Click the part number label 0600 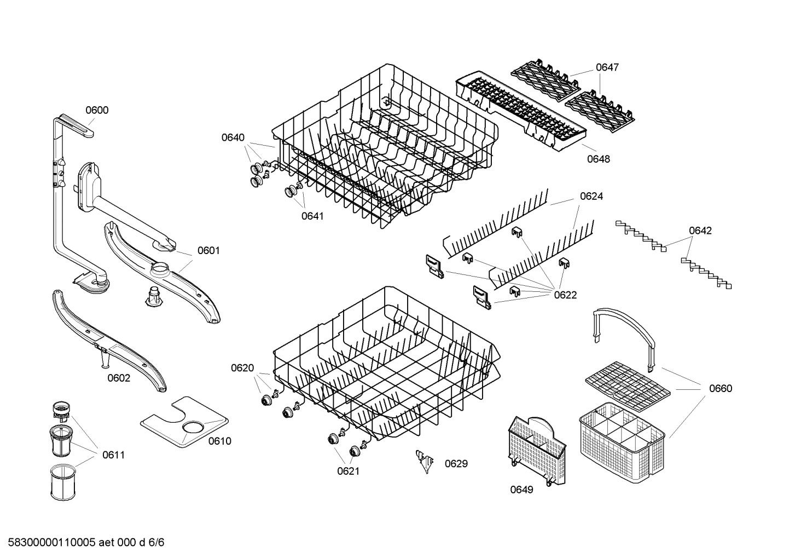coord(97,110)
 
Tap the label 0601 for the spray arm coord(208,251)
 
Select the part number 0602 coord(119,378)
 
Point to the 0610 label coord(219,441)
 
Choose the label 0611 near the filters coord(113,455)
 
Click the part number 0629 coord(456,464)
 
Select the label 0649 coord(521,490)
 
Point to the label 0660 coord(720,389)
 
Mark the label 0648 coord(598,159)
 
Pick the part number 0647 coord(607,67)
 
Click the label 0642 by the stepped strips coord(700,231)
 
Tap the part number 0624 coord(591,196)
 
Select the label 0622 coord(565,295)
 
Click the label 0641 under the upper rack coord(312,216)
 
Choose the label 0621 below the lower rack coord(348,471)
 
